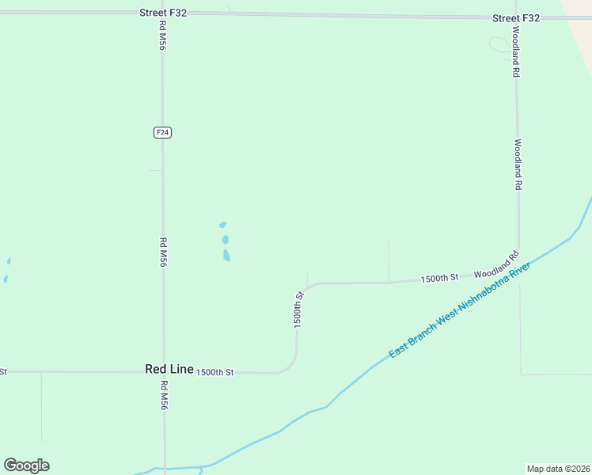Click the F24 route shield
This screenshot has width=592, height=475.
[x=162, y=132]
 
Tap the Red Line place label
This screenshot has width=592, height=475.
[x=169, y=370]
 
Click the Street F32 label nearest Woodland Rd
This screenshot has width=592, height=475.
[x=515, y=17]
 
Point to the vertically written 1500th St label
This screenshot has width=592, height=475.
[x=299, y=310]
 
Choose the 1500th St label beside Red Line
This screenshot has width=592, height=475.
[x=215, y=372]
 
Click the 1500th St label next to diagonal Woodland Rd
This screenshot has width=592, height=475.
[x=440, y=278]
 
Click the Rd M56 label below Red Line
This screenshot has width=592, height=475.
[x=164, y=395]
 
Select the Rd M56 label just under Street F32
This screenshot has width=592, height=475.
[x=162, y=36]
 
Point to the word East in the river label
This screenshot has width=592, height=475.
[x=400, y=349]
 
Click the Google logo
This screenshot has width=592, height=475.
[x=26, y=465]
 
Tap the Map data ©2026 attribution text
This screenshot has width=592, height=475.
[x=558, y=469]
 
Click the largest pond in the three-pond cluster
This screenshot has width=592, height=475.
[x=226, y=255]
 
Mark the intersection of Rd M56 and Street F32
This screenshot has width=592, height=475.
[x=162, y=13]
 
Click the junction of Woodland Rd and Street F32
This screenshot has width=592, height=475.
[x=515, y=17]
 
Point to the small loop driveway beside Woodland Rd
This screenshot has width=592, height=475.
[x=500, y=46]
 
